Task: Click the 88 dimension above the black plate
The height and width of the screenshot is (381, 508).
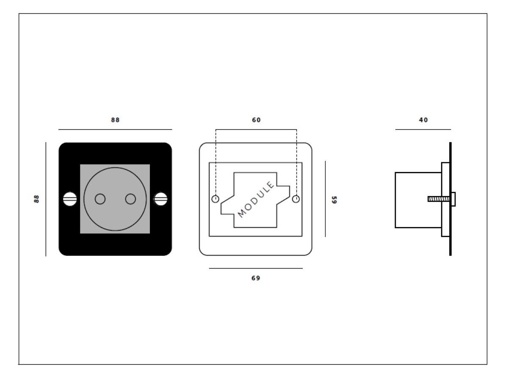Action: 115,120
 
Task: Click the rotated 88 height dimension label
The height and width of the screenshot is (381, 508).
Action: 37,199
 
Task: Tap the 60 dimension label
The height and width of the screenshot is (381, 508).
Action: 257,120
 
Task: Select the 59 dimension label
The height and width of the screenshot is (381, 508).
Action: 334,199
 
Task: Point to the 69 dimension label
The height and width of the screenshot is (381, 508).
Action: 256,278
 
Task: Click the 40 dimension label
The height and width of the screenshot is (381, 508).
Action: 423,120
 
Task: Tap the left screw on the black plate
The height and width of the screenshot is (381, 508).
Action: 70,199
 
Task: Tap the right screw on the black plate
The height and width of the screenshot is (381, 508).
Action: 160,199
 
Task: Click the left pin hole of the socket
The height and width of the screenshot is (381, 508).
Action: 100,199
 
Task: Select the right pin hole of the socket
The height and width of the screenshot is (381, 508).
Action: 130,199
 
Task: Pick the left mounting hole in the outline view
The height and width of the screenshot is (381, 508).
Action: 215,199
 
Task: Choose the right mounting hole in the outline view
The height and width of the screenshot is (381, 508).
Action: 296,199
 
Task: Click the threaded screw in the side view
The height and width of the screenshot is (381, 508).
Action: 438,199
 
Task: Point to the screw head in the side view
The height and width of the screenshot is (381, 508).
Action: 453,199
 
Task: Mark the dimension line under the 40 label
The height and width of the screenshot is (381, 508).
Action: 423,129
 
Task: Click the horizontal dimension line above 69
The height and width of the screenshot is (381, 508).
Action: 256,268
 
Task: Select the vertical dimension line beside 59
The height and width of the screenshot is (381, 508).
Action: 325,199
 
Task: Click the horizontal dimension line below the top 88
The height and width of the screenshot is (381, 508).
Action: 115,129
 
